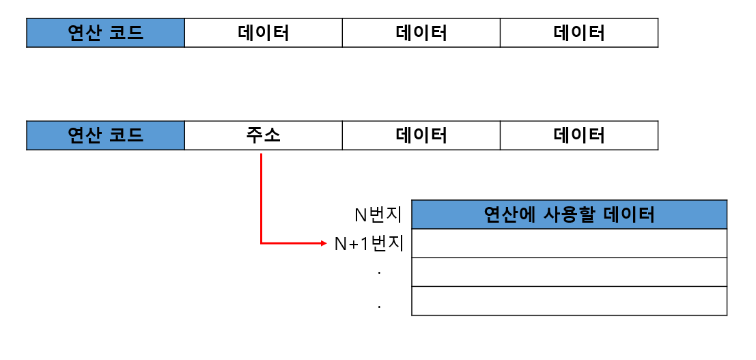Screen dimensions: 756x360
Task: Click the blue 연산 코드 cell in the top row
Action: (105, 33)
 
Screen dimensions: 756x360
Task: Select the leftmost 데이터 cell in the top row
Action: (264, 33)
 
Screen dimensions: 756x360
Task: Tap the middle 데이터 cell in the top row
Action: (421, 33)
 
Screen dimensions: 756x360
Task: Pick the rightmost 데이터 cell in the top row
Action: (579, 33)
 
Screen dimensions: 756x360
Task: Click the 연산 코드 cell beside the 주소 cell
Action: (105, 135)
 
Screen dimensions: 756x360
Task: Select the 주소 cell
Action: (264, 135)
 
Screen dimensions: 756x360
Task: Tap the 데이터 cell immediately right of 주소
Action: (421, 135)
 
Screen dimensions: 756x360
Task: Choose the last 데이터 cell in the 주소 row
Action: (579, 135)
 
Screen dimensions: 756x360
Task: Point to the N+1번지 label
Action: (369, 244)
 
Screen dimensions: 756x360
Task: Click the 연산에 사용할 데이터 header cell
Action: (569, 214)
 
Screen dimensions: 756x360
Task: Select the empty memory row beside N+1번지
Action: (569, 243)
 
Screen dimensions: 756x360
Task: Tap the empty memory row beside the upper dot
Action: (569, 272)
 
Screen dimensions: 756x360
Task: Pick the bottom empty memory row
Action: (569, 301)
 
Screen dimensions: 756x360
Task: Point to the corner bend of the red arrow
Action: (261, 243)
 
